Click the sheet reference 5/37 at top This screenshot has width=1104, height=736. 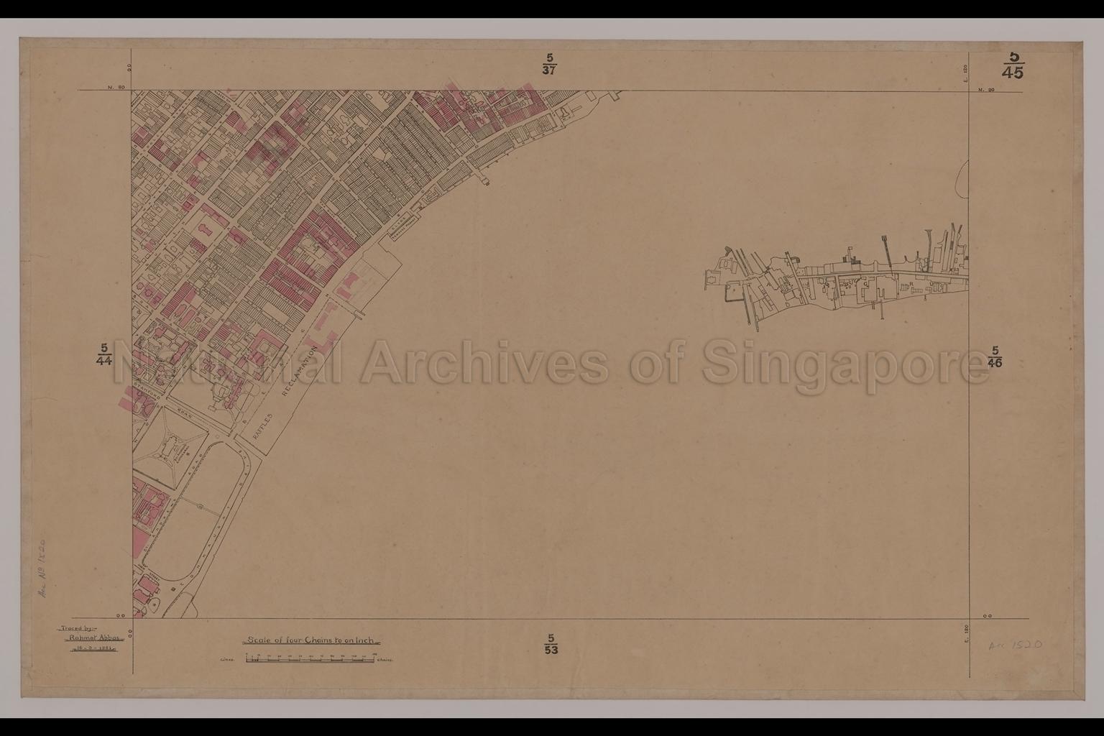550,63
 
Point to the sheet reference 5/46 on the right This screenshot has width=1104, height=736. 995,356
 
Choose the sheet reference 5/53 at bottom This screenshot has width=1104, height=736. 551,644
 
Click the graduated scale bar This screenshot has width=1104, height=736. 305,658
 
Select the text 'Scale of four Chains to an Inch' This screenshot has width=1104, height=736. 311,640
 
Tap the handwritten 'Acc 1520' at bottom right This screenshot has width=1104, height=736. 1015,645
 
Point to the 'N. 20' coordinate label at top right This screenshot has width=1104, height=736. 985,90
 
